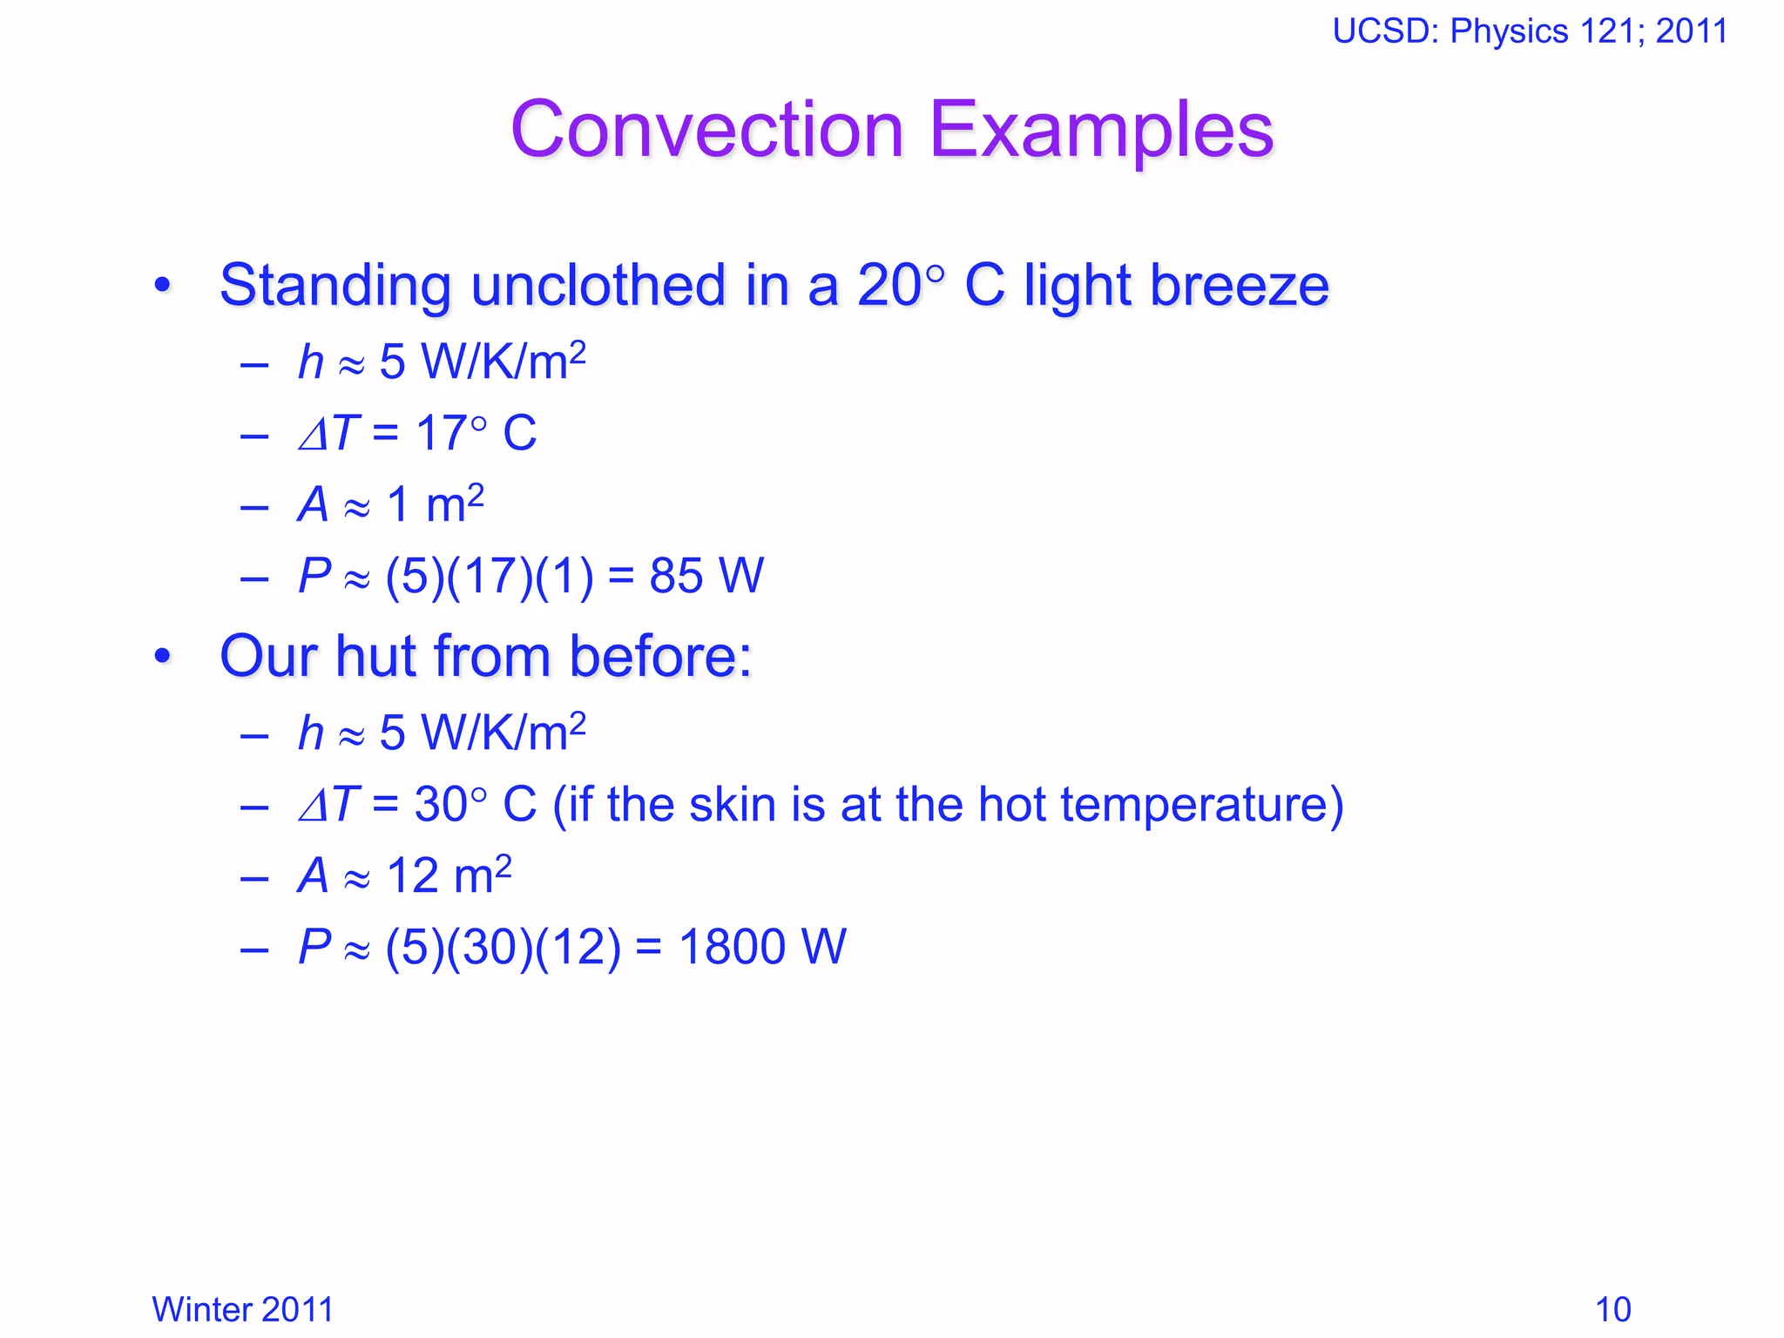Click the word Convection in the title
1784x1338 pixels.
pos(707,131)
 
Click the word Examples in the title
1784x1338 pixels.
pos(1101,131)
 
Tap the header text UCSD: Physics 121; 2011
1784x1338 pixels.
pos(1530,31)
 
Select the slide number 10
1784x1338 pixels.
pos(1612,1309)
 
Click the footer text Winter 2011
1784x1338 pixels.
pos(242,1309)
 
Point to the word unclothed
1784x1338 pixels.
pos(598,286)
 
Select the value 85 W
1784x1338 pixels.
pos(706,576)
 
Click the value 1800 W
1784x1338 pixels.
pos(762,947)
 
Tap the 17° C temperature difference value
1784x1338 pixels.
pos(476,433)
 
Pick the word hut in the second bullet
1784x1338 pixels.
pos(375,656)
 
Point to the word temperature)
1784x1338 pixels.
pos(1202,806)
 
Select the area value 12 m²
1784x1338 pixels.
pos(449,875)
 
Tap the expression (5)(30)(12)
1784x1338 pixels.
pos(503,947)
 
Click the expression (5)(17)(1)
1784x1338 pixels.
pos(490,576)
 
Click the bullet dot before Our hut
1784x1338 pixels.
pos(162,657)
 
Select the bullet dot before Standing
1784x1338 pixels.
pos(162,286)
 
